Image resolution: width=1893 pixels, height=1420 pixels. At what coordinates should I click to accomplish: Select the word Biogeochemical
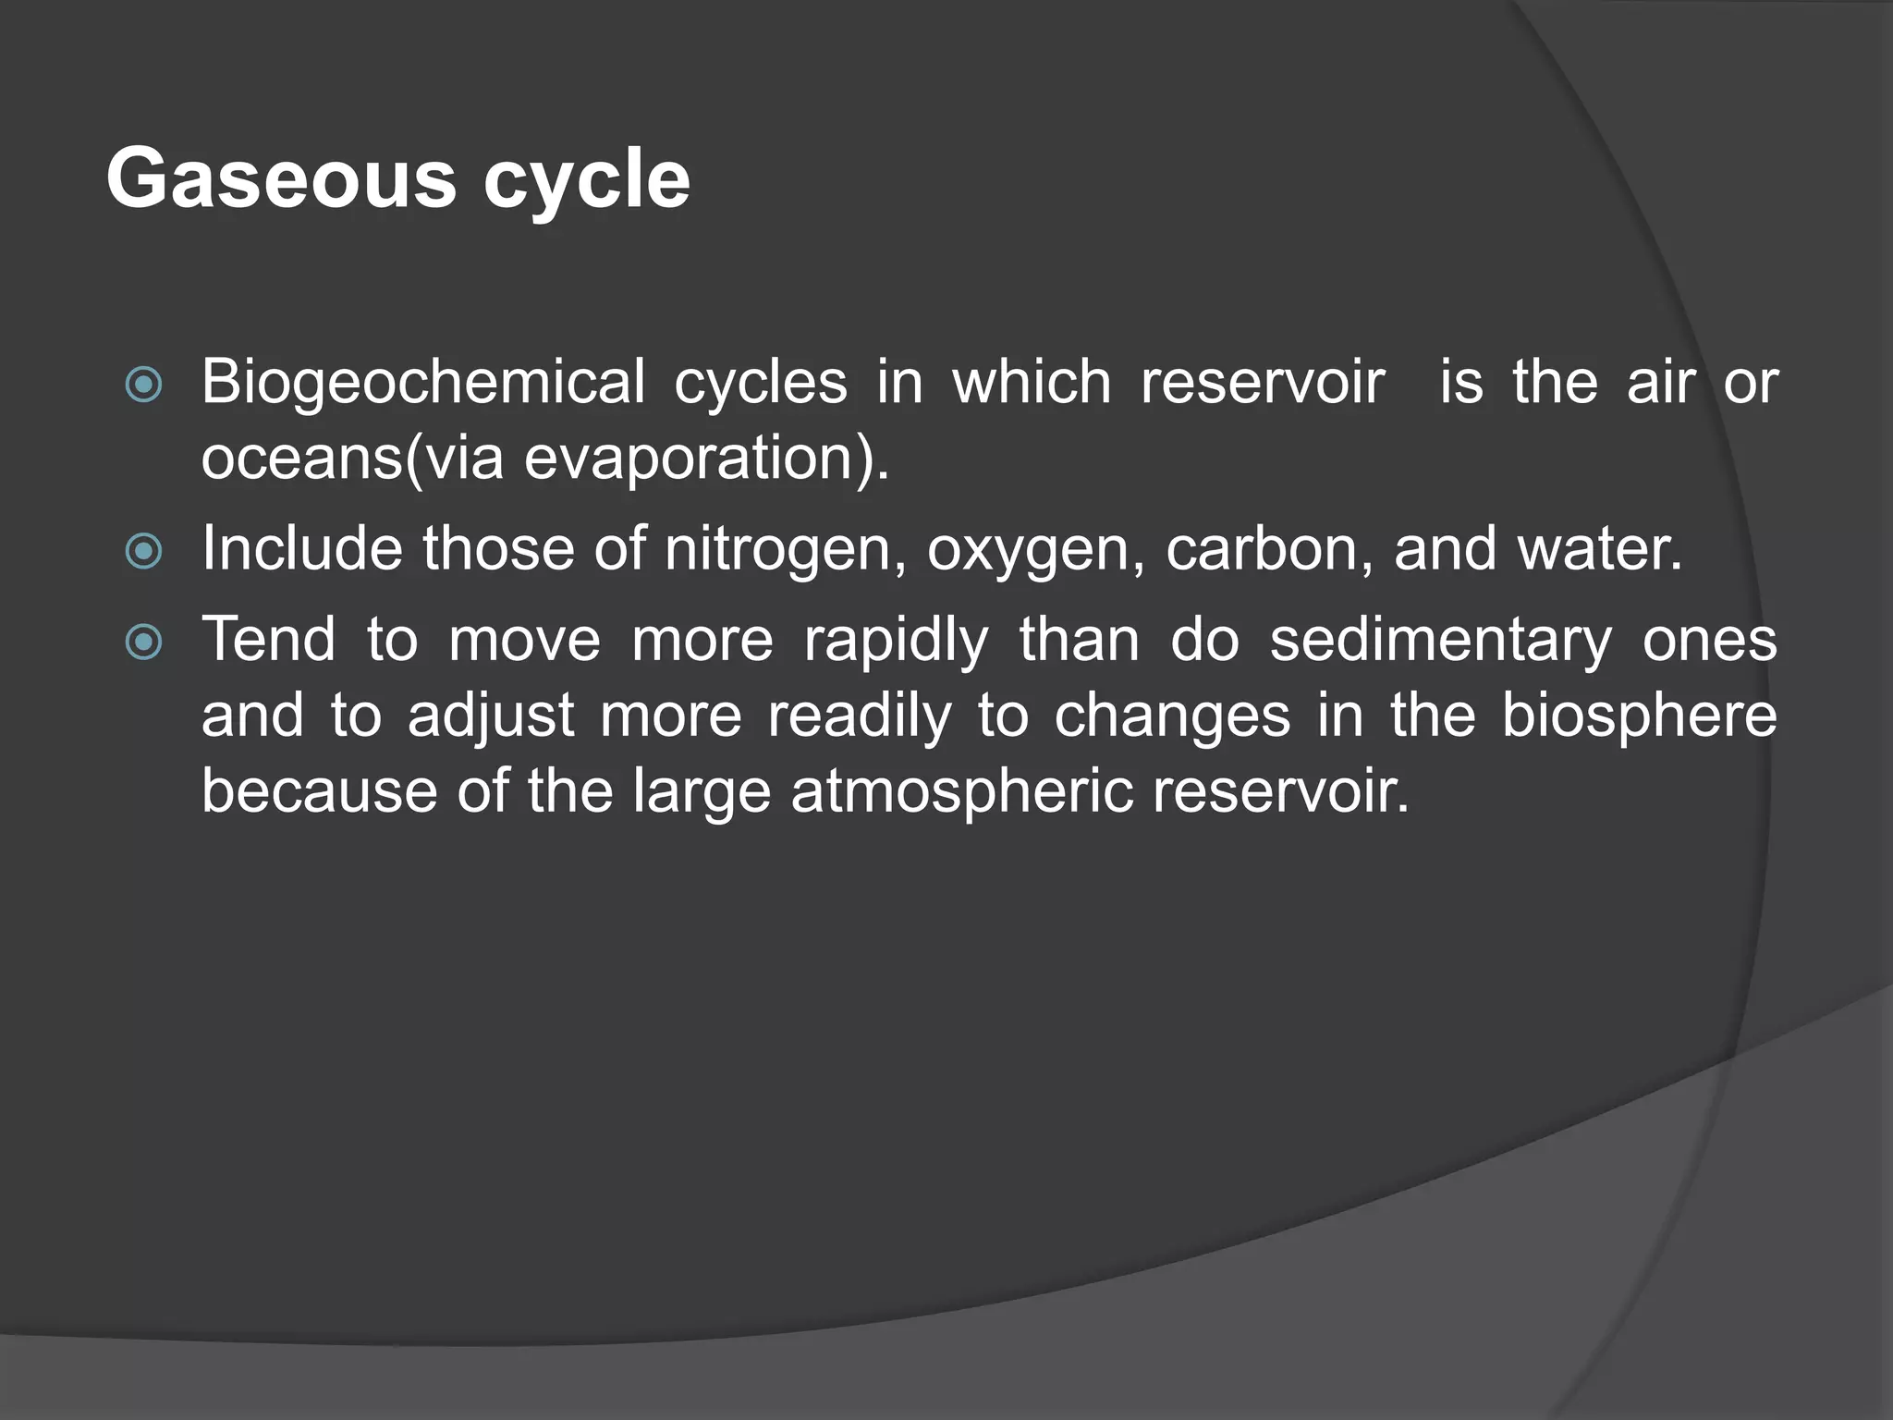click(x=423, y=382)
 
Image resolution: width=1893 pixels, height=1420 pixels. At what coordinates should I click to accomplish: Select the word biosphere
click(x=1638, y=716)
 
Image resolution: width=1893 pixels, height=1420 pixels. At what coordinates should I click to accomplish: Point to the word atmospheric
click(x=961, y=792)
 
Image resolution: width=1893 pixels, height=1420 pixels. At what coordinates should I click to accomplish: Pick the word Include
click(x=301, y=548)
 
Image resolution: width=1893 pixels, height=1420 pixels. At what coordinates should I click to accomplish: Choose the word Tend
click(x=268, y=640)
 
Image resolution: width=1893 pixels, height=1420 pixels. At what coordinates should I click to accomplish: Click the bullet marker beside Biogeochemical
click(x=143, y=385)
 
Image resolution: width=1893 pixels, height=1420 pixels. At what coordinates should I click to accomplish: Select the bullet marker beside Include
click(x=143, y=552)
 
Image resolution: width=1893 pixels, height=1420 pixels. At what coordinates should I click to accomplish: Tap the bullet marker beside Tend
click(x=143, y=643)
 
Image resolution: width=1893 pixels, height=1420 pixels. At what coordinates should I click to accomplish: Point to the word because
click(x=318, y=791)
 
